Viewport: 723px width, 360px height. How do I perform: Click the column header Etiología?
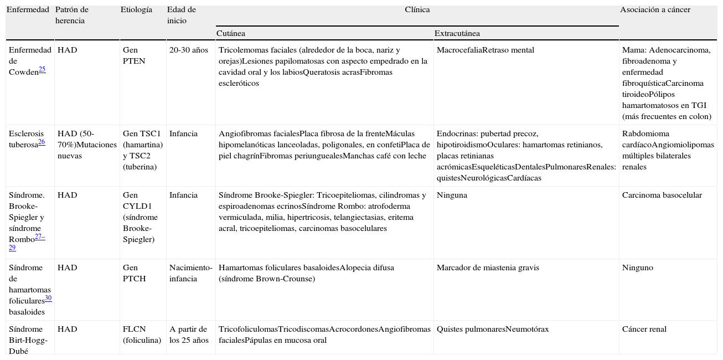[x=136, y=10]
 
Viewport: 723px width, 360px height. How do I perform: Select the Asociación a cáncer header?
[x=655, y=10]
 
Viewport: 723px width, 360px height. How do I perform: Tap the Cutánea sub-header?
[x=231, y=34]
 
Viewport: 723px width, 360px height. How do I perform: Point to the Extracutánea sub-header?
[x=457, y=34]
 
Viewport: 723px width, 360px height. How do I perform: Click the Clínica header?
[x=417, y=10]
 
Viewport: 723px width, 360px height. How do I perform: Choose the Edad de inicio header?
[x=181, y=15]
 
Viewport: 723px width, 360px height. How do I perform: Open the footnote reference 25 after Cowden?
[x=42, y=69]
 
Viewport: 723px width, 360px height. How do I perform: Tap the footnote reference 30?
[x=48, y=299]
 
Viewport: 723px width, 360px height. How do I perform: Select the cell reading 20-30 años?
[x=189, y=50]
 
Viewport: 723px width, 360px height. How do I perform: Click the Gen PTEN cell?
[x=134, y=55]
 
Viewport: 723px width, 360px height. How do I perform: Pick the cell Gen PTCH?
[x=134, y=273]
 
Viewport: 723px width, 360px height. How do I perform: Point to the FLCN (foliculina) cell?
[x=142, y=335]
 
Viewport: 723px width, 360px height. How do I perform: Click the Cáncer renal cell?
[x=644, y=329]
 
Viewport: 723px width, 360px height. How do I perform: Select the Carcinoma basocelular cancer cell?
[x=662, y=195]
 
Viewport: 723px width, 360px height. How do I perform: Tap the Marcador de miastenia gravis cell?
[x=488, y=268]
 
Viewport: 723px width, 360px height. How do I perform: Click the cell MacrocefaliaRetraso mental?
[x=485, y=50]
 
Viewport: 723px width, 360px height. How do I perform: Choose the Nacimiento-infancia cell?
[x=190, y=273]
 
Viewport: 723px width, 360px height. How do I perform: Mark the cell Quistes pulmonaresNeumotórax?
[x=493, y=329]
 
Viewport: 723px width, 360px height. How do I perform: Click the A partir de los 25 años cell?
[x=188, y=335]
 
